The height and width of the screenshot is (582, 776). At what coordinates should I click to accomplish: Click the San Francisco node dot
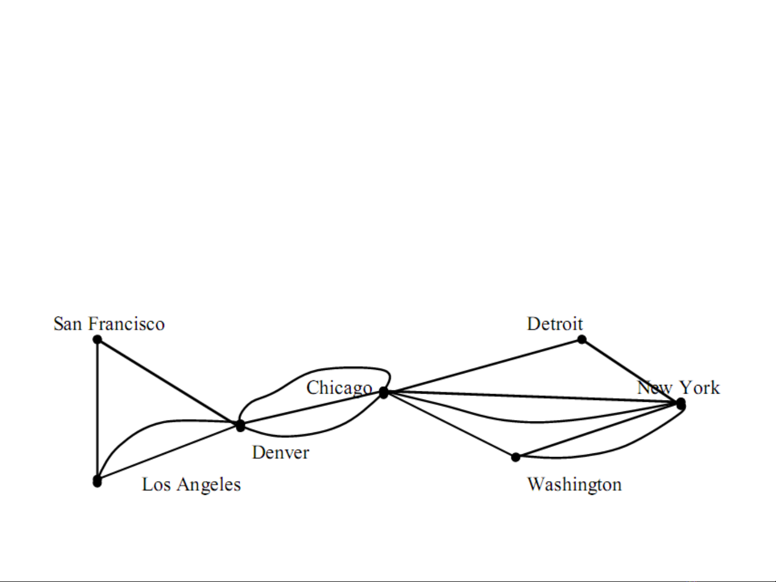pyautogui.click(x=97, y=340)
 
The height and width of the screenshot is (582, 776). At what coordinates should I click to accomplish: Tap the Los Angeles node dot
pyautogui.click(x=97, y=481)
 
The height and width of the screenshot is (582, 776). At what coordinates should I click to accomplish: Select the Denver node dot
pyautogui.click(x=240, y=425)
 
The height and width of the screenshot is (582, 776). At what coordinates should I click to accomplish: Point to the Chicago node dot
pyautogui.click(x=383, y=392)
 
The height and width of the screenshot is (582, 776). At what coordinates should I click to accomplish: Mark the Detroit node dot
pyautogui.click(x=582, y=340)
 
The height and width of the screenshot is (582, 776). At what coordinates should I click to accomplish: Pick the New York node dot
pyautogui.click(x=681, y=404)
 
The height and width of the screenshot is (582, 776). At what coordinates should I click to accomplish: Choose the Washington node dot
pyautogui.click(x=515, y=457)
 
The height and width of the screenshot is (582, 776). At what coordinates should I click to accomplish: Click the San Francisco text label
pyautogui.click(x=109, y=324)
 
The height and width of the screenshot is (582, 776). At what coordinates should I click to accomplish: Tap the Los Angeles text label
pyautogui.click(x=191, y=485)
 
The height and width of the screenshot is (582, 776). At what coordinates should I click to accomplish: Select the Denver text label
pyautogui.click(x=281, y=453)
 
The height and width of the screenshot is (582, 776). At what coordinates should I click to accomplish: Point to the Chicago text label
pyautogui.click(x=339, y=388)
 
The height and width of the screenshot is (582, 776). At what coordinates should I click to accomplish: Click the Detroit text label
pyautogui.click(x=555, y=324)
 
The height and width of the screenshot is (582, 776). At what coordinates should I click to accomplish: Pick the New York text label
pyautogui.click(x=678, y=388)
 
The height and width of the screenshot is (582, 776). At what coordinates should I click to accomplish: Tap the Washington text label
pyautogui.click(x=575, y=485)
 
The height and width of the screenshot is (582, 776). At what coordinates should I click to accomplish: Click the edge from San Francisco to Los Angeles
pyautogui.click(x=97, y=410)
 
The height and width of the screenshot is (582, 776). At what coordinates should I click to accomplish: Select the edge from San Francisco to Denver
pyautogui.click(x=169, y=382)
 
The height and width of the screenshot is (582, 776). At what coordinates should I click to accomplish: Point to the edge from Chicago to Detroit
pyautogui.click(x=483, y=366)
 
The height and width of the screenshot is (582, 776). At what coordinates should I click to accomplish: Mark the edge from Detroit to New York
pyautogui.click(x=631, y=371)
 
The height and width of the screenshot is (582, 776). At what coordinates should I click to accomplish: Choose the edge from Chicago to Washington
pyautogui.click(x=449, y=425)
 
